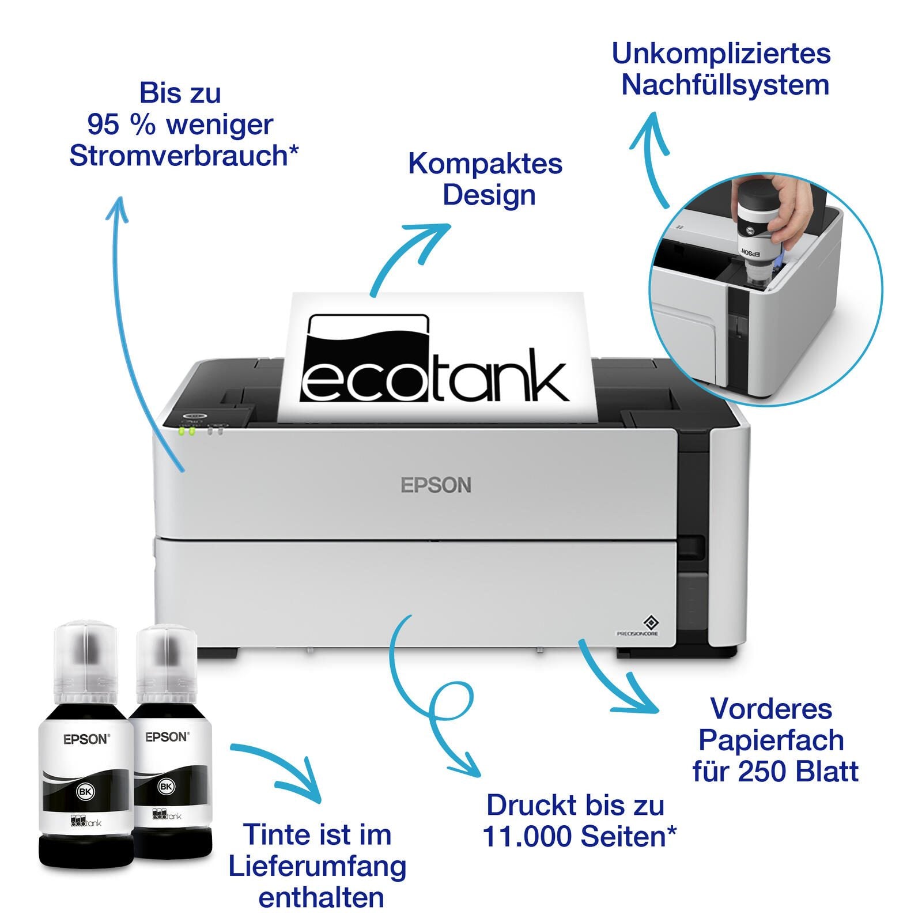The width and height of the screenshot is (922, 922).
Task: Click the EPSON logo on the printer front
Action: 436,485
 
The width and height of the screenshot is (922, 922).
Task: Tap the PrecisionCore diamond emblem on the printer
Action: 651,622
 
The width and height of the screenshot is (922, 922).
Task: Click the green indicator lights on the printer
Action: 187,430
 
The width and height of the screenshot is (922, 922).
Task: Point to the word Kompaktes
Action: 485,164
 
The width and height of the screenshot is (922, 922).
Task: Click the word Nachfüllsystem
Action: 725,85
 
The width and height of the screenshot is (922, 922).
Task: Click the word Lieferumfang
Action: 318,867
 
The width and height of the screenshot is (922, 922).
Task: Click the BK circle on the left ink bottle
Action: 85,792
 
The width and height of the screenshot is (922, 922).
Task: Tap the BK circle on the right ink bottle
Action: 166,786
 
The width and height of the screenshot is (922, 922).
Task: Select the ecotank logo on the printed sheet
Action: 435,358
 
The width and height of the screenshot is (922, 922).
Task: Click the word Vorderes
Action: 771,709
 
